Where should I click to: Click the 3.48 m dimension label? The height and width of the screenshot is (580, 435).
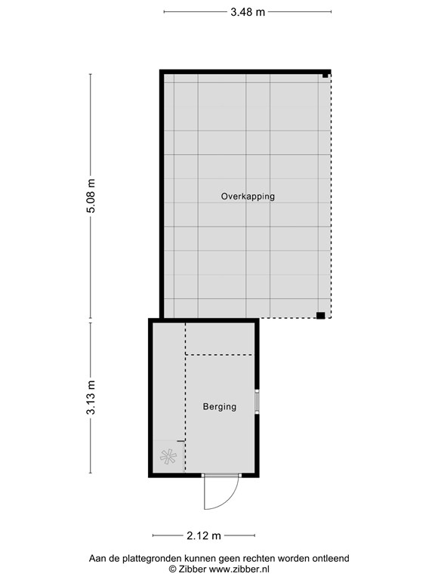(248, 12)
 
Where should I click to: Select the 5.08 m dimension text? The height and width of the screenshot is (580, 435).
(91, 196)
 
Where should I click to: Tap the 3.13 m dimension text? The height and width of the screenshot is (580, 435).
(91, 397)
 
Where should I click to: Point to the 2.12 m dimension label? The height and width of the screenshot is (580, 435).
(204, 535)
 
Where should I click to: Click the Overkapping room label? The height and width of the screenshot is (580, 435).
(248, 196)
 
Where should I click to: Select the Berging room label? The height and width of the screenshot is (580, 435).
(219, 406)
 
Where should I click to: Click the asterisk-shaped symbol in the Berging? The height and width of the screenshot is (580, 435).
(168, 456)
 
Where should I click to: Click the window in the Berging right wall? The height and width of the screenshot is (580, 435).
(257, 400)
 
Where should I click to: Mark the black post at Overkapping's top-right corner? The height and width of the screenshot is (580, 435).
(325, 76)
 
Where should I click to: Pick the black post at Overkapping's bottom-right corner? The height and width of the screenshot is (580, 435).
(320, 315)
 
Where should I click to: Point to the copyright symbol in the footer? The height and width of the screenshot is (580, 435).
(172, 569)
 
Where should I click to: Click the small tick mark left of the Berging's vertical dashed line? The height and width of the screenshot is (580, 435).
(180, 441)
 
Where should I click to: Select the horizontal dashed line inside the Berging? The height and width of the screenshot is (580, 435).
(219, 355)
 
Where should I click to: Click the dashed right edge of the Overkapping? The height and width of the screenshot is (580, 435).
(331, 196)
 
